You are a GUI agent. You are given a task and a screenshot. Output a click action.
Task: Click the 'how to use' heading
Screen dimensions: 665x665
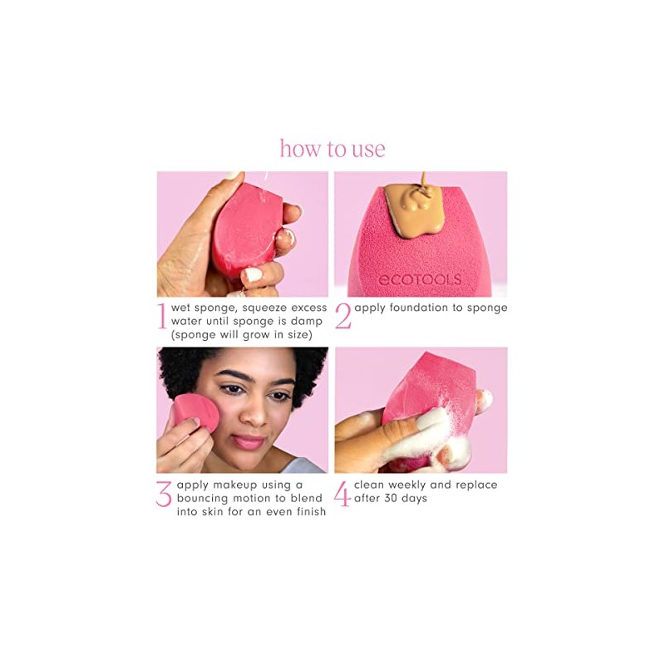pyautogui.click(x=332, y=149)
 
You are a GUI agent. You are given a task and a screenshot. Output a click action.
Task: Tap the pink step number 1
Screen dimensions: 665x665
pyautogui.click(x=162, y=317)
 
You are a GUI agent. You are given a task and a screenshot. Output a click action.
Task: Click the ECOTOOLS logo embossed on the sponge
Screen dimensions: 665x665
pyautogui.click(x=419, y=279)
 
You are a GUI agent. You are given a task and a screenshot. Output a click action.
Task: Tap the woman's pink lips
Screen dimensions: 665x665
pyautogui.click(x=248, y=441)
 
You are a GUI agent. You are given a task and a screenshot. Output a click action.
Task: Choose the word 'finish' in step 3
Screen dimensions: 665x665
pyautogui.click(x=307, y=511)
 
